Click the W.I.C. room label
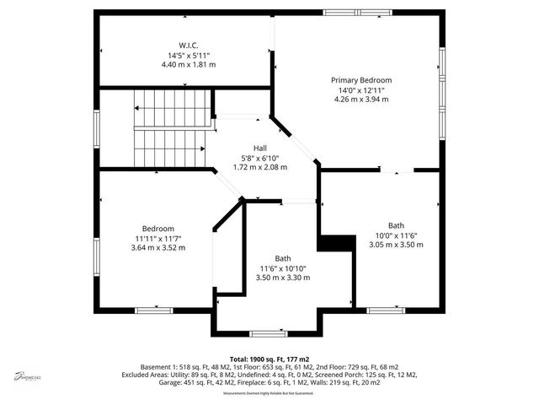coord(187,45)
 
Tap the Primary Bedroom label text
coord(365,80)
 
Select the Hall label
coord(259,148)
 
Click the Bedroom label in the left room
coord(157,229)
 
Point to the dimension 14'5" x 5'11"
coord(187,55)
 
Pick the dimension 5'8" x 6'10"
coord(259,157)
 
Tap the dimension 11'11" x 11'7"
coord(157,238)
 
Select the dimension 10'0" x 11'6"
coord(396,235)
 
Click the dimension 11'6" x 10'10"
coord(282,267)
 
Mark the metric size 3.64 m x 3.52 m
coord(157,247)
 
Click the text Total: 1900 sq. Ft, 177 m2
coord(269,359)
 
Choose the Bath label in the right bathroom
coord(396,225)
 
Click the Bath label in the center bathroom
coord(282,258)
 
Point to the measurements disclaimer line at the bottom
coord(269,393)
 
